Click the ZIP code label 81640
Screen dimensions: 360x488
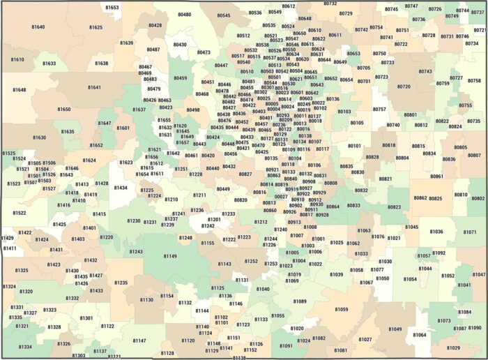[x=38, y=27]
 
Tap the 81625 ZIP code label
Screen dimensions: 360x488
[x=96, y=27]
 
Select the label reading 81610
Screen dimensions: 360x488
[x=17, y=60]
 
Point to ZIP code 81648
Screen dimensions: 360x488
[x=19, y=90]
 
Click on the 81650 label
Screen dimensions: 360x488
[x=64, y=110]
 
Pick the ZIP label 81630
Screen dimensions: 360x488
[x=39, y=137]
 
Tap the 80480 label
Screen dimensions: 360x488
[x=184, y=14]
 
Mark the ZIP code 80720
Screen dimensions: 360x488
[x=404, y=87]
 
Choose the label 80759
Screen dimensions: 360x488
[x=443, y=83]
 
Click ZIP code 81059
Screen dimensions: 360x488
[x=341, y=309]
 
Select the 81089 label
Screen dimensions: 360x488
[x=300, y=301]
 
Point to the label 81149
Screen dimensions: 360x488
[x=170, y=257]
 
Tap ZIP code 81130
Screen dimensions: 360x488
[x=146, y=300]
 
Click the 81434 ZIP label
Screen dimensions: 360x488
[x=121, y=188]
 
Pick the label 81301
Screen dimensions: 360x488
[x=86, y=318]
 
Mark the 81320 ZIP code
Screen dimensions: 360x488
[x=26, y=292]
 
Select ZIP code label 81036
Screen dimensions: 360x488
[x=436, y=232]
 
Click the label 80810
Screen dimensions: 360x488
[x=461, y=195]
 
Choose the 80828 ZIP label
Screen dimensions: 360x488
[x=372, y=157]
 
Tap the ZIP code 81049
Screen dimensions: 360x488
[x=395, y=329]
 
